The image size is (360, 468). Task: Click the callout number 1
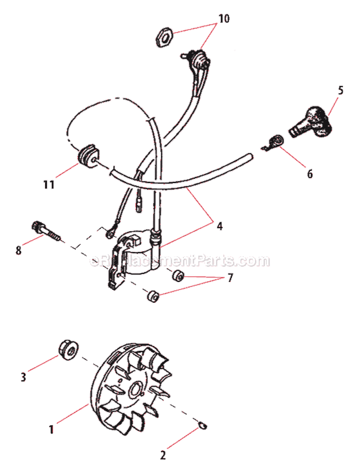52,425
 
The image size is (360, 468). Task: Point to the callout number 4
219,225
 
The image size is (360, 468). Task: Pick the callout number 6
309,174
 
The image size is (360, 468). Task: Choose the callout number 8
19,250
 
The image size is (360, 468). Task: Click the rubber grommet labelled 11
87,156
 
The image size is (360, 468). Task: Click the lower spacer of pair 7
153,296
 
